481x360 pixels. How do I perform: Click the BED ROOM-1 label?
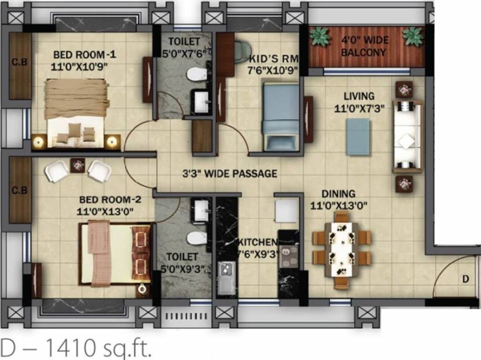(x=84, y=55)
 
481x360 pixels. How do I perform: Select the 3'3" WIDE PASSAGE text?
(x=229, y=173)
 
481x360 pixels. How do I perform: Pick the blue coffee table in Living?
(x=358, y=136)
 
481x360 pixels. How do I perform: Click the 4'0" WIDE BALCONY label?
(x=365, y=46)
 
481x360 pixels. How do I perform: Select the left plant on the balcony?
(x=320, y=36)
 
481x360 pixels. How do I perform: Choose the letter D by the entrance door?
(x=466, y=279)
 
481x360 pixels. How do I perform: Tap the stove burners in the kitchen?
(x=289, y=255)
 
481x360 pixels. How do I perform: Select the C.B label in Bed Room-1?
(x=19, y=62)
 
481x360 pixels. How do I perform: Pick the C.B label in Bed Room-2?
(x=19, y=190)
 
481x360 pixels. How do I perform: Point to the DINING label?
(x=338, y=194)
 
